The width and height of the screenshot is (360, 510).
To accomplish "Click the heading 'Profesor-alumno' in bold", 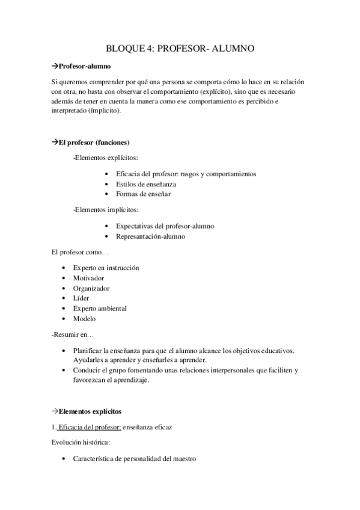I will click(84, 66).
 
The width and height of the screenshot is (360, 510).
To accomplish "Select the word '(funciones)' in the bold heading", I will click(109, 142).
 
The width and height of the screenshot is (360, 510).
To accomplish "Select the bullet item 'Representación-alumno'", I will click(150, 236).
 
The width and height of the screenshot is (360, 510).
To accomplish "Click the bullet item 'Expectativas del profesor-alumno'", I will click(165, 226).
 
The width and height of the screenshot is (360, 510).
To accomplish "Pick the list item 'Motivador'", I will click(88, 278).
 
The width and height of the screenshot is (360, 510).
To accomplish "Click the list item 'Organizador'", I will click(91, 288).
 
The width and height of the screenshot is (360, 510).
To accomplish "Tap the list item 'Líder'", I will click(81, 298).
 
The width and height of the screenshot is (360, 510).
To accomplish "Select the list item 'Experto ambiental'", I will click(100, 309).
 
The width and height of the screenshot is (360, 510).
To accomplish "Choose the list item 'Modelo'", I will click(84, 319).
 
